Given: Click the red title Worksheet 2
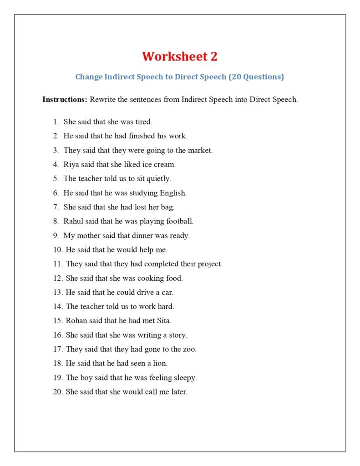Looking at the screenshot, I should pyautogui.click(x=180, y=56).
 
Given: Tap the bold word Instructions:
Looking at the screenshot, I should pyautogui.click(x=65, y=99).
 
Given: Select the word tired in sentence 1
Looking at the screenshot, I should pyautogui.click(x=143, y=122).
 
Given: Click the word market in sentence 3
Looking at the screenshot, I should pyautogui.click(x=199, y=150).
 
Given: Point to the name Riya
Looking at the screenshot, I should pyautogui.click(x=71, y=164).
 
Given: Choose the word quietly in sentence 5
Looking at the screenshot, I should pyautogui.click(x=158, y=178).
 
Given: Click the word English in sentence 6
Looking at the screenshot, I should pyautogui.click(x=173, y=193).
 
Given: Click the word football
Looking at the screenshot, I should pyautogui.click(x=178, y=221).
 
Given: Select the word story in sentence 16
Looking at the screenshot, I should pyautogui.click(x=177, y=335).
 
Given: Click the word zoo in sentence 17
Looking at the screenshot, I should pyautogui.click(x=189, y=349).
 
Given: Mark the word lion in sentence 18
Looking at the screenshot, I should pyautogui.click(x=160, y=363).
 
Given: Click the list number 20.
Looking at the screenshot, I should pyautogui.click(x=57, y=391).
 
